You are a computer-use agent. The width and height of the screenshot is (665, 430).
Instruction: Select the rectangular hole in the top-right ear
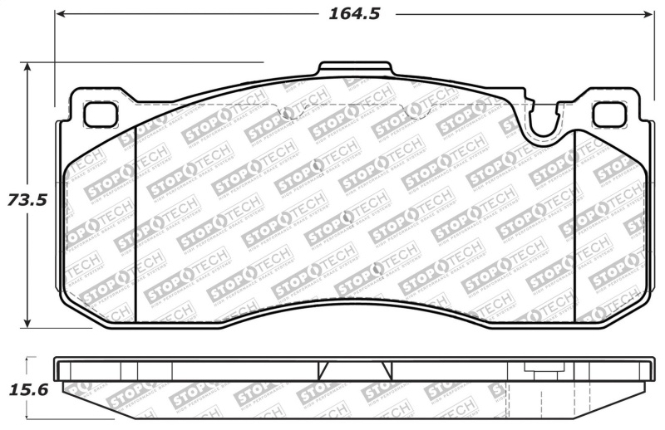(609, 114)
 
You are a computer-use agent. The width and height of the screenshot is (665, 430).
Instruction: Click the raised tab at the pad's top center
(355, 70)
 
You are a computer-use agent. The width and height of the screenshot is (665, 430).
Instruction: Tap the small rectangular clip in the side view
(534, 369)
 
